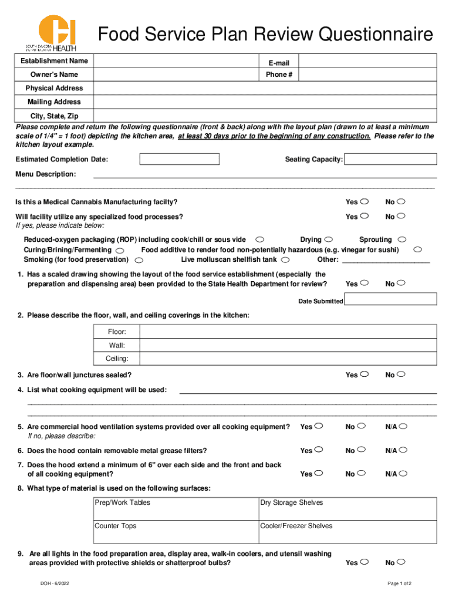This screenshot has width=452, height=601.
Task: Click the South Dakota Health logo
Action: click(x=50, y=33)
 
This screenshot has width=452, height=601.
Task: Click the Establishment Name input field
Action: click(x=176, y=61)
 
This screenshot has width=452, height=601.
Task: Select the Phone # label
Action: click(x=279, y=75)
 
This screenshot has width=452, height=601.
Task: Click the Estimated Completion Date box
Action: click(x=179, y=159)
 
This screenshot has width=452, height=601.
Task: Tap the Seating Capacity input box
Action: click(x=390, y=159)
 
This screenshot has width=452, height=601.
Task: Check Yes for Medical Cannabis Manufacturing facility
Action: click(x=365, y=202)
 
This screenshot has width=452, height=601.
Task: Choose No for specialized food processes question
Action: click(x=402, y=217)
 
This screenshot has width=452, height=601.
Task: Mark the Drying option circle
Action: click(x=329, y=239)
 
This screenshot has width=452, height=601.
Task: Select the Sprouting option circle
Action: click(x=402, y=239)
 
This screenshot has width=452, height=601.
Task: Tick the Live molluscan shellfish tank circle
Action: click(x=285, y=259)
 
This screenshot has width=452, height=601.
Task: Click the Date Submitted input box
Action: click(x=390, y=299)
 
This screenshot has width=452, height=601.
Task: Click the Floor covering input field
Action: click(x=288, y=332)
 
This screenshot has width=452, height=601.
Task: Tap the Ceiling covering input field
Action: click(x=288, y=359)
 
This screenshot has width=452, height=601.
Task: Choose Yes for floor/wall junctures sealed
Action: click(x=365, y=374)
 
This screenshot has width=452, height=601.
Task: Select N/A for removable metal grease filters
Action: click(x=403, y=450)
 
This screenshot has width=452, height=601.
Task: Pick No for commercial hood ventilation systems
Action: click(x=362, y=427)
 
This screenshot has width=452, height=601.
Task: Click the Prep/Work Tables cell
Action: click(x=176, y=509)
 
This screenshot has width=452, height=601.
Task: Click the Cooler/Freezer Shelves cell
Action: click(x=348, y=532)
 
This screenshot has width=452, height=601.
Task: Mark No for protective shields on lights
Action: click(x=402, y=562)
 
